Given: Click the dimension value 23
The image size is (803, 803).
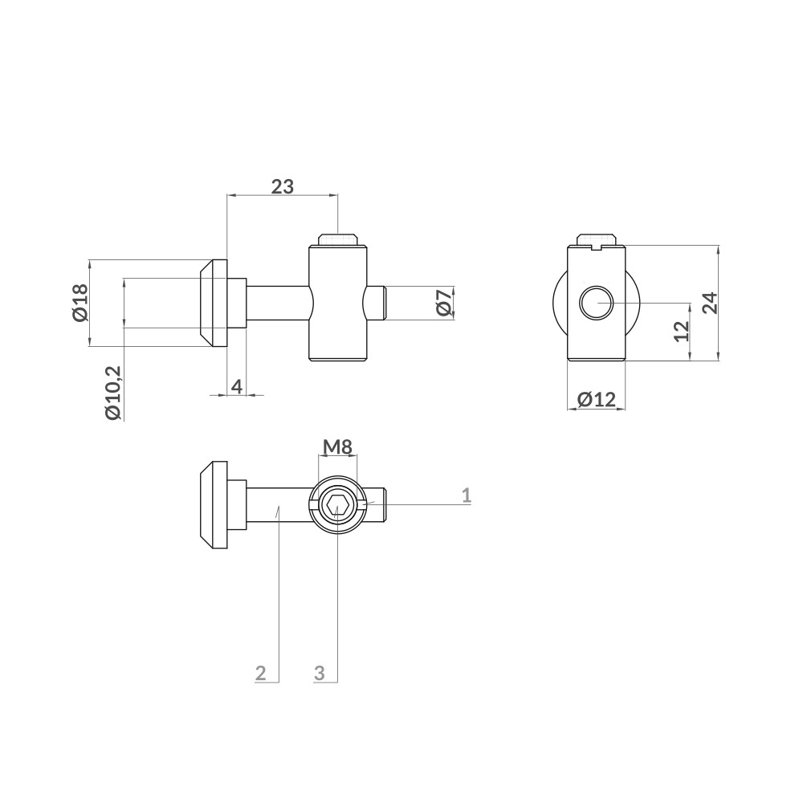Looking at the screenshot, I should [x=282, y=186].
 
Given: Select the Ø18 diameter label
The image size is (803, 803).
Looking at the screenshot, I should [x=79, y=303].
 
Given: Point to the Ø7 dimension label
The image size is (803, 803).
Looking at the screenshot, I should [x=442, y=303].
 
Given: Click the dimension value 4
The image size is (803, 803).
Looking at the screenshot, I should [x=237, y=386].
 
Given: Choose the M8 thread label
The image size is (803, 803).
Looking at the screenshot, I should [x=338, y=446].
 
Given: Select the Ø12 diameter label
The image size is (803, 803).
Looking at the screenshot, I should [x=596, y=398].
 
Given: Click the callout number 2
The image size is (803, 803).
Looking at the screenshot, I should [x=260, y=673].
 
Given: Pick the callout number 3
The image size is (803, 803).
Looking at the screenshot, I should [x=319, y=673].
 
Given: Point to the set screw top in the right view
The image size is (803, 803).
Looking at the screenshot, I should [x=597, y=239].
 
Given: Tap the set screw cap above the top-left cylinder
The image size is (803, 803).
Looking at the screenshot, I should [x=337, y=240].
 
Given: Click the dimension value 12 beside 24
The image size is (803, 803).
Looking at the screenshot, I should [x=682, y=331].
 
